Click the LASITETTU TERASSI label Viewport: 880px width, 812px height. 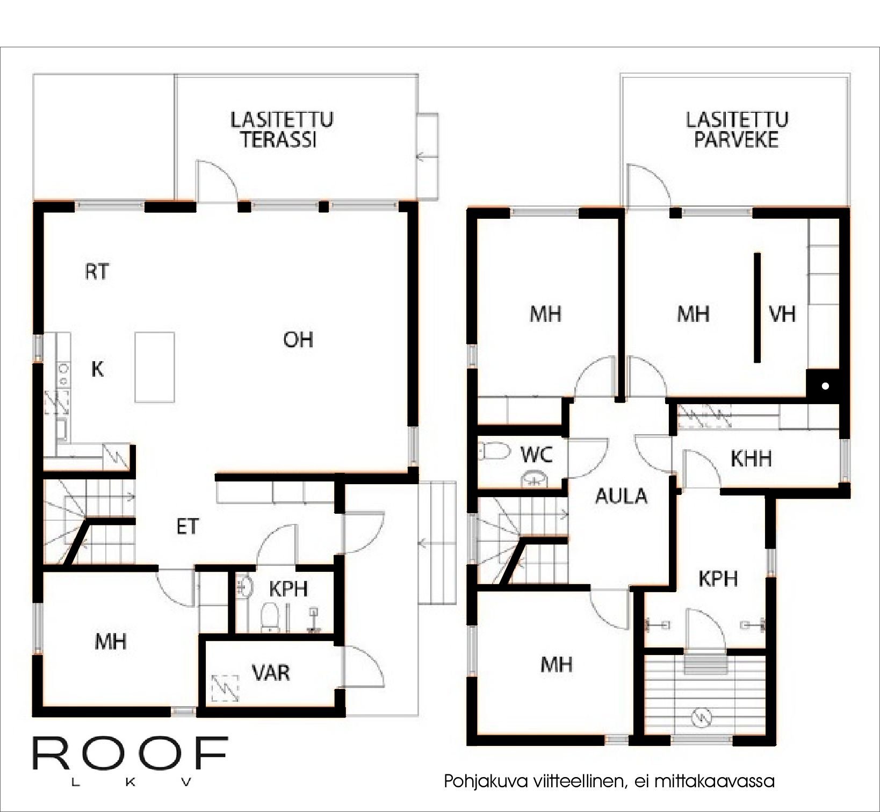tap(281, 130)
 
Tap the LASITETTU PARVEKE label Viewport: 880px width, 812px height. tap(737, 130)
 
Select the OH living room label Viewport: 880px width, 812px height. tap(298, 340)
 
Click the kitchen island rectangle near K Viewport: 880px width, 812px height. tap(155, 367)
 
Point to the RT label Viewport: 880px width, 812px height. tap(97, 272)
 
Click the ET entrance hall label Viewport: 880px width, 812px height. tap(187, 527)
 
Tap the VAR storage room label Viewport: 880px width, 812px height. tap(271, 672)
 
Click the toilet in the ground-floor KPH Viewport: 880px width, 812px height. tap(268, 616)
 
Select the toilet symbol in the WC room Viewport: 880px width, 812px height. tap(494, 451)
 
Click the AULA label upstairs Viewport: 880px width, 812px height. tap(622, 496)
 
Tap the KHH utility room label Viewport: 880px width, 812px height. tap(751, 459)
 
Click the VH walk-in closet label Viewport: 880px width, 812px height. tap(782, 314)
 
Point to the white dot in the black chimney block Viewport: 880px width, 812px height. tap(825, 386)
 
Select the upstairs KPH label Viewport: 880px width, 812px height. tap(718, 579)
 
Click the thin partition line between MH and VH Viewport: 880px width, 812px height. tap(758, 307)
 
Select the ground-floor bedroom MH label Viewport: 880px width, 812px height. tap(111, 641)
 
